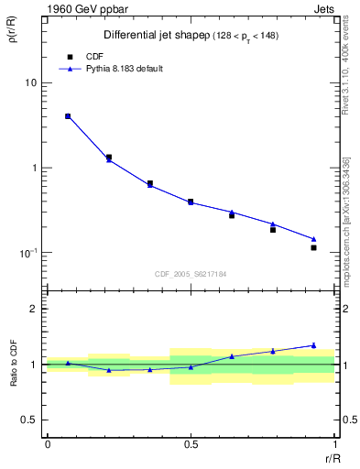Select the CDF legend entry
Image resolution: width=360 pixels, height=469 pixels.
point(93,56)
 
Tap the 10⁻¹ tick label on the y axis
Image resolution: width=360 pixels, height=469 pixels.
point(27,252)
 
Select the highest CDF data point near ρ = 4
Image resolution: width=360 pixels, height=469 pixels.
point(68,116)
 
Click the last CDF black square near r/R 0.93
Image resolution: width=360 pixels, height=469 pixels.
point(313,247)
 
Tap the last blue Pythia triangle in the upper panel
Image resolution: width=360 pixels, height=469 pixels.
point(313,239)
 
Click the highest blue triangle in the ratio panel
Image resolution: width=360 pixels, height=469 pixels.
point(313,345)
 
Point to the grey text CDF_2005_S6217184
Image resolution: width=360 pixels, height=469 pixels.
point(191,273)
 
